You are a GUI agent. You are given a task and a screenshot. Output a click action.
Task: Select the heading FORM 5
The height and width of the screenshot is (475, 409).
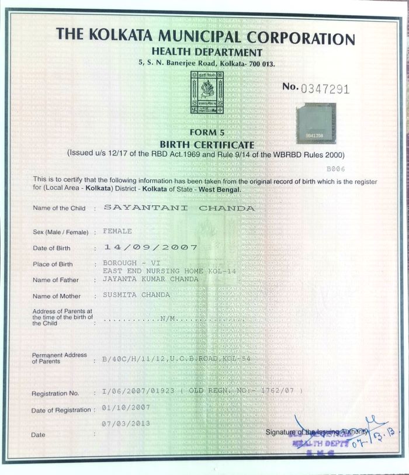(x=207, y=134)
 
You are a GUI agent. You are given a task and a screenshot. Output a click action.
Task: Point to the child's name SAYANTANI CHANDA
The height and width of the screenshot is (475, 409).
(x=179, y=207)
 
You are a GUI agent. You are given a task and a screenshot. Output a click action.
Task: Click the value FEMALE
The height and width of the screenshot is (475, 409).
(x=117, y=231)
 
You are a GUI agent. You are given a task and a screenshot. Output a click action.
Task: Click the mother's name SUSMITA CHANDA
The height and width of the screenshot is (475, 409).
(x=136, y=295)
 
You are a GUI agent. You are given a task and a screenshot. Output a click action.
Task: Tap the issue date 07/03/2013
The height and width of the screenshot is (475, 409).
(x=126, y=423)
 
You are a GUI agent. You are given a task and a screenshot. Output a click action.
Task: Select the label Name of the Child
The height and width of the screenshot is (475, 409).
(x=59, y=208)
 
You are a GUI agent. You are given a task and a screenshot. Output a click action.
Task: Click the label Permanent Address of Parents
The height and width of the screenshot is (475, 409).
(x=59, y=358)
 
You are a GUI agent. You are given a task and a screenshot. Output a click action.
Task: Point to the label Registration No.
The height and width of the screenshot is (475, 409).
(x=55, y=394)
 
